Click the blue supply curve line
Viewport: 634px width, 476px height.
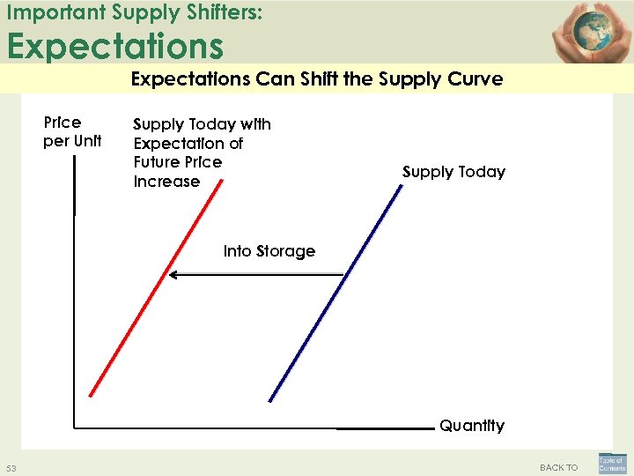(335, 291)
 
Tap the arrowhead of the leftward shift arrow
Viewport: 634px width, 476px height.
(173, 275)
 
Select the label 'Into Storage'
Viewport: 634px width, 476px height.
(269, 251)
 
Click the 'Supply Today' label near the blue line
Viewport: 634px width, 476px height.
(453, 172)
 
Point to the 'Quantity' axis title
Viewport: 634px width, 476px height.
(472, 426)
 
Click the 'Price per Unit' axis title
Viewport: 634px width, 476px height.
(72, 131)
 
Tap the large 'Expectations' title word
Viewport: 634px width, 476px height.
(115, 45)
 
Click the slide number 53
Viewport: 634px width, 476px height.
(11, 467)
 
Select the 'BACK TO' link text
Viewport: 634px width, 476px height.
(558, 467)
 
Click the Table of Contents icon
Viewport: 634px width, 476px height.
(612, 464)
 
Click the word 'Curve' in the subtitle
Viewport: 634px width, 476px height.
(475, 79)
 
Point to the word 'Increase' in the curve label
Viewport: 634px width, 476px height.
(166, 182)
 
